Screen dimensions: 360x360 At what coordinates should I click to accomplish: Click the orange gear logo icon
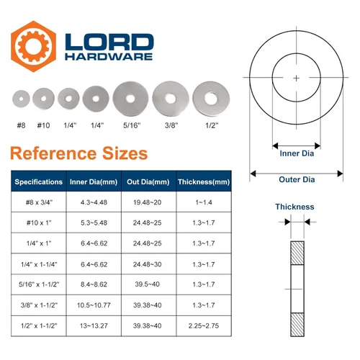(x=34, y=46)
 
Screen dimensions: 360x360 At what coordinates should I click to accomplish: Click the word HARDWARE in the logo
(x=109, y=57)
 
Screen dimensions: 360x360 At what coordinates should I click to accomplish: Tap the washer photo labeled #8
(x=21, y=99)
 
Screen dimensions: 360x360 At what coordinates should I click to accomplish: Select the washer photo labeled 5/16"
(x=130, y=99)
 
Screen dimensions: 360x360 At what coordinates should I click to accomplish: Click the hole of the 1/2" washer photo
(x=211, y=99)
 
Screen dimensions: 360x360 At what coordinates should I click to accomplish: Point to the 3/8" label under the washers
(x=171, y=125)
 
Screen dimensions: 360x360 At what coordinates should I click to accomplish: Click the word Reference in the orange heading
(x=53, y=153)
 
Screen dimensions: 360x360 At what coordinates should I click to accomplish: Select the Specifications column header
(x=39, y=181)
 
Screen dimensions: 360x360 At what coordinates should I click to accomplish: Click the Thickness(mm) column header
(x=204, y=181)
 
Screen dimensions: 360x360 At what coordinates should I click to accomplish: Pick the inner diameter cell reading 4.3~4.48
(x=94, y=202)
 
